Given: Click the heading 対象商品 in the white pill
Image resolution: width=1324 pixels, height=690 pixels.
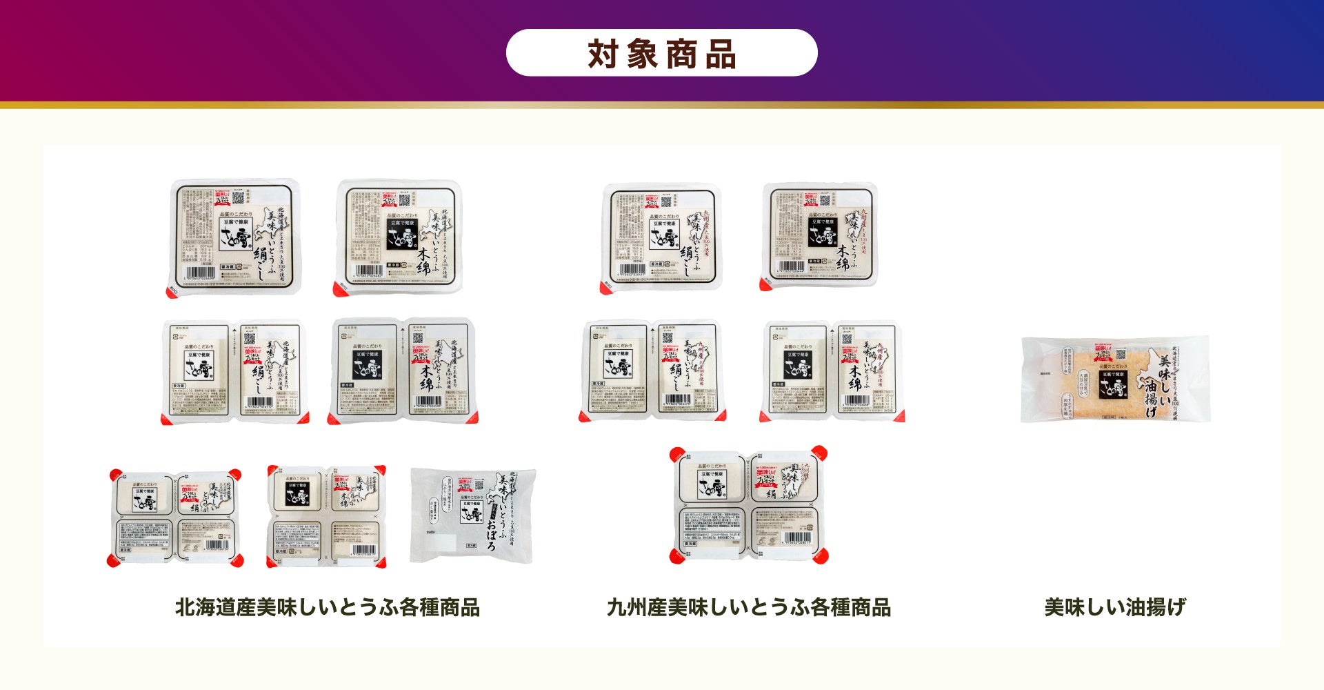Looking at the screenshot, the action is point(661,53).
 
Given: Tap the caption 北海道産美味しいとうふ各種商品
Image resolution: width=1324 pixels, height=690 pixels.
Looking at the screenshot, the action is point(327,607).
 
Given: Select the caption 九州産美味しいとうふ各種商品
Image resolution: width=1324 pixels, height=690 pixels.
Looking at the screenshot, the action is point(748,607).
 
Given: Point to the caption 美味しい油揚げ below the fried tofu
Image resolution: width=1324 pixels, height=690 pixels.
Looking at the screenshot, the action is point(1114,607).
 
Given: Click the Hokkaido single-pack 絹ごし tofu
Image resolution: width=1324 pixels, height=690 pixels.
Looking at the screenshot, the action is point(235,237).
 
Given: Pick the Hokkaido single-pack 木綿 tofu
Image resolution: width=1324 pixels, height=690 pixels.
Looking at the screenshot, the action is point(399,237).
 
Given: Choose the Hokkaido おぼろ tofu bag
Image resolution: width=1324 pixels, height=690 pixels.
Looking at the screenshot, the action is point(473,515).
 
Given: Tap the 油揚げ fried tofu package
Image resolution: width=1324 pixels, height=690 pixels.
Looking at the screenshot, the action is point(1115,379).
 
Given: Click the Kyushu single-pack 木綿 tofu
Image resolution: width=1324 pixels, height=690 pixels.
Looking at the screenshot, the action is point(819,236).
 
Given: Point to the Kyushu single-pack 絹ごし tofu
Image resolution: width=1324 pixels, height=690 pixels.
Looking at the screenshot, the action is point(661,237).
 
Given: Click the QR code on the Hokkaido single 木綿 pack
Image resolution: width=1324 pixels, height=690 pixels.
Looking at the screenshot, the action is point(405,201).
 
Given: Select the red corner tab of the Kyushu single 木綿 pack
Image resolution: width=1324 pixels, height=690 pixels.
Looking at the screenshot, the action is point(765,283).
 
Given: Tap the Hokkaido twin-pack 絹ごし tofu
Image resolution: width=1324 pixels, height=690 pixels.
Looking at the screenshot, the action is point(235,371).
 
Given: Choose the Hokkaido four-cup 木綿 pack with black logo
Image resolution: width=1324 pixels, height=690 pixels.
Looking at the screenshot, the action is point(326,516).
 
